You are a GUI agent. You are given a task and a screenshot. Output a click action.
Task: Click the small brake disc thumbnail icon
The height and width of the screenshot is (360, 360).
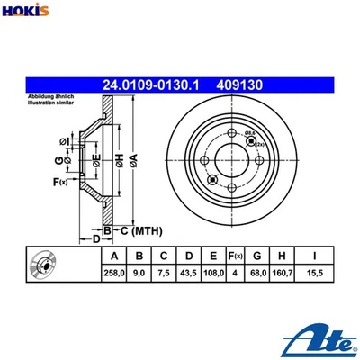(44, 264)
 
